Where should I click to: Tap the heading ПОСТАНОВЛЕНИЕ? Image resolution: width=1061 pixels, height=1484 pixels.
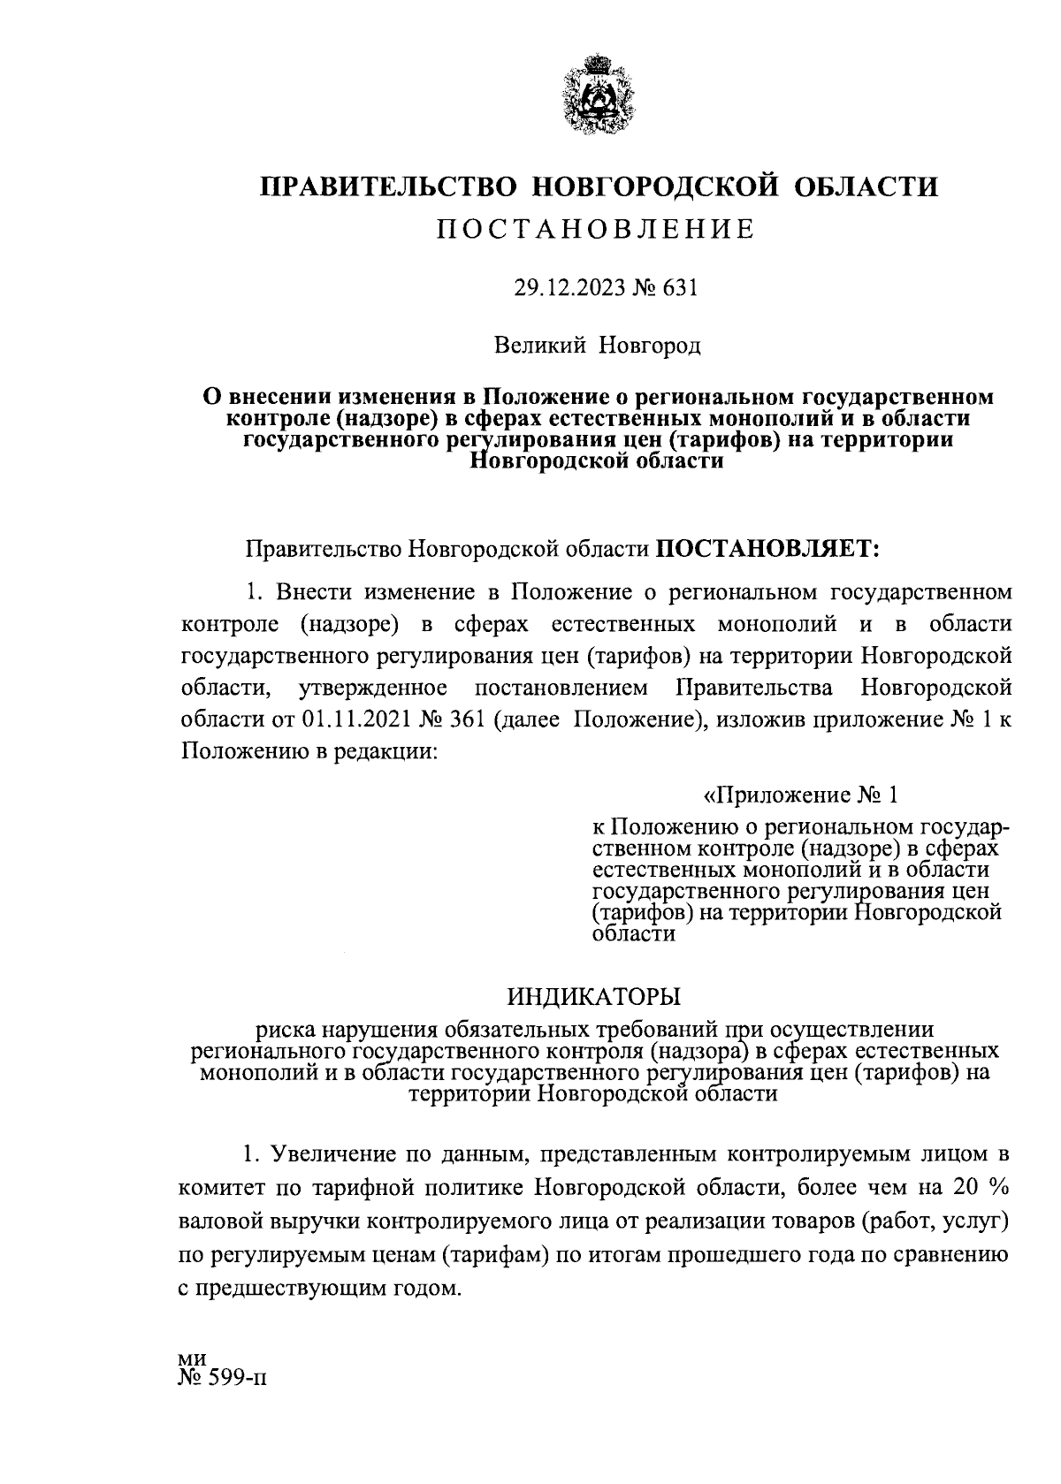coord(598,230)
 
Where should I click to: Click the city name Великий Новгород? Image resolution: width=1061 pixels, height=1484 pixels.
coord(598,345)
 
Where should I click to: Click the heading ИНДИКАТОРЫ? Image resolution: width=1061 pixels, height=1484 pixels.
coord(594,997)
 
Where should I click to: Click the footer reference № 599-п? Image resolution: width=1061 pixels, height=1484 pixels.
coord(221,1378)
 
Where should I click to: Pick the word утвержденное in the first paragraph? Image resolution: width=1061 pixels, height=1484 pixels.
coord(372,687)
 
